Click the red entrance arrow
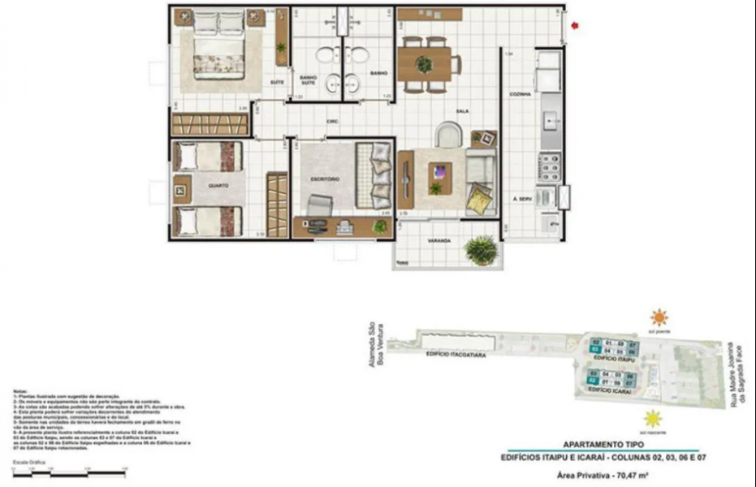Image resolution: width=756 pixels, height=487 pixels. pyautogui.click(x=575, y=26)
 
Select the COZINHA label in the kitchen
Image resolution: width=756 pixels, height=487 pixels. pyautogui.click(x=520, y=94)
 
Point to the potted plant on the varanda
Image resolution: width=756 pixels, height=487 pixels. pyautogui.click(x=482, y=249)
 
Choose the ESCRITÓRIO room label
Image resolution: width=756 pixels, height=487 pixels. pyautogui.click(x=324, y=178)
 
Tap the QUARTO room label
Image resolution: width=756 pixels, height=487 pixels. pyautogui.click(x=218, y=186)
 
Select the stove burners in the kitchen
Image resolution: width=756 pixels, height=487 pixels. pyautogui.click(x=550, y=170)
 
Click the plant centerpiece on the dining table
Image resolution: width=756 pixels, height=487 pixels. pyautogui.click(x=425, y=64)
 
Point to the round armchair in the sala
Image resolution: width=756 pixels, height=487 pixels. pyautogui.click(x=448, y=134)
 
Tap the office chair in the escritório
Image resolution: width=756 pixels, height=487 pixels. pyautogui.click(x=318, y=204)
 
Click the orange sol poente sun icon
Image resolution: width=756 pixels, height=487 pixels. pyautogui.click(x=659, y=317)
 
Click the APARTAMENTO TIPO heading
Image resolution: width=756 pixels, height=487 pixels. pyautogui.click(x=603, y=445)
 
